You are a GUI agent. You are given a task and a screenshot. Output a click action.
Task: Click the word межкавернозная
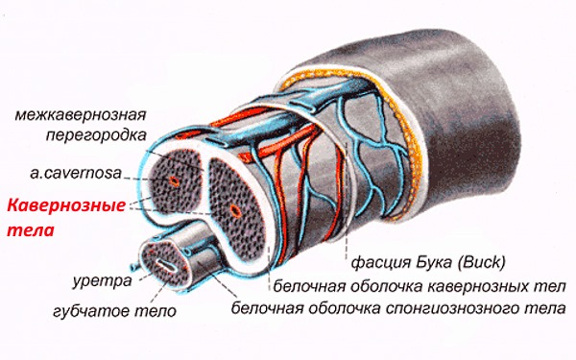[80, 115]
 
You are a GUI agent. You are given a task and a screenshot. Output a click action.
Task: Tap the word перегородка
[96, 136]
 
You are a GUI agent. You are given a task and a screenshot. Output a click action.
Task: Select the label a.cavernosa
[76, 173]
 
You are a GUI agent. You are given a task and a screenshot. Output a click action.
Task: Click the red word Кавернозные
[66, 205]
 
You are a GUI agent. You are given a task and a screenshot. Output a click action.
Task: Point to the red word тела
[31, 230]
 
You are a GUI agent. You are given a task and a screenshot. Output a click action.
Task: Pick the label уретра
[102, 281]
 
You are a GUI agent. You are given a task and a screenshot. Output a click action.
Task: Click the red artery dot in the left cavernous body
[174, 180]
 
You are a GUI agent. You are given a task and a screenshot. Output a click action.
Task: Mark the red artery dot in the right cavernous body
[234, 210]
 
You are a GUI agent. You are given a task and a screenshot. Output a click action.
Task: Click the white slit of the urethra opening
[164, 265]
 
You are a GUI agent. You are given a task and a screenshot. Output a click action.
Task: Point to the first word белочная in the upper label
[309, 286]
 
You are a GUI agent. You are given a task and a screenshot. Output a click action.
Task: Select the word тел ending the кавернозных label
[551, 286]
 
